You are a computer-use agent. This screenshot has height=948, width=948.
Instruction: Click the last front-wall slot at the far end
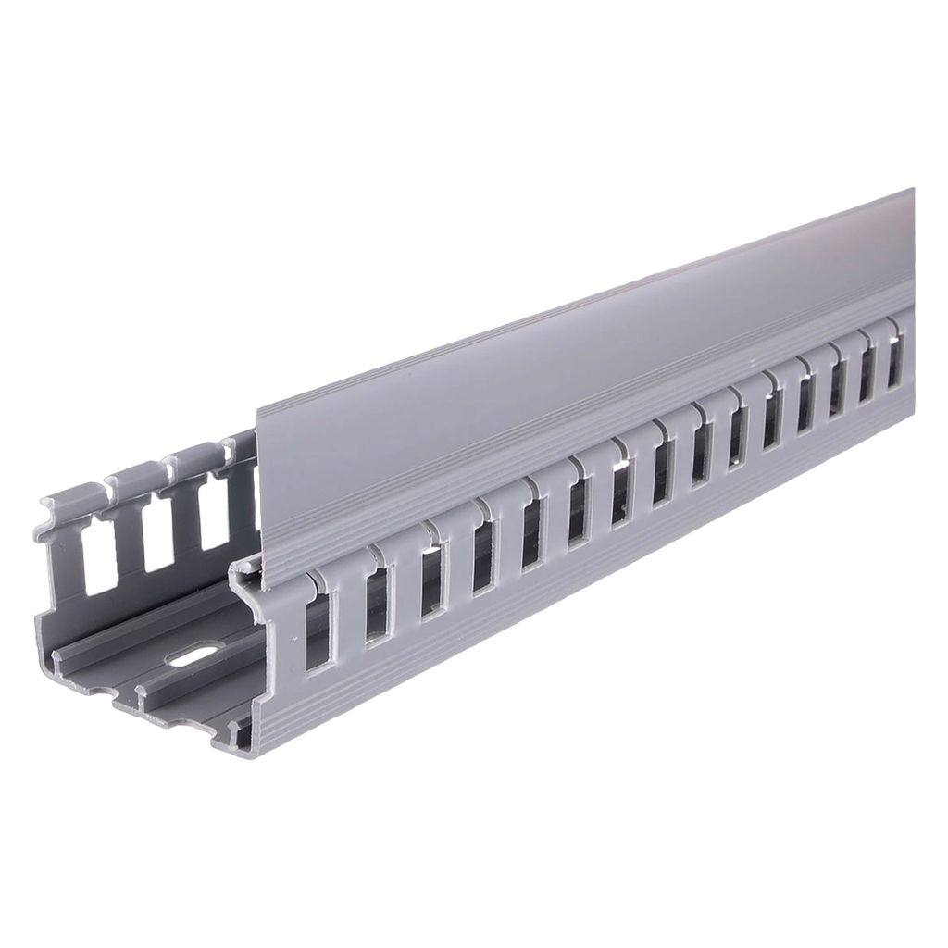coord(895,363)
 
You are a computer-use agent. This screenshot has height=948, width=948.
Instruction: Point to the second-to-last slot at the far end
coord(867,376)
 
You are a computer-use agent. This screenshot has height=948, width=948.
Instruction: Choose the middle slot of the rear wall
coord(157,533)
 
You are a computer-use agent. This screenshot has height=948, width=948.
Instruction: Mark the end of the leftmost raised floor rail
coord(61,659)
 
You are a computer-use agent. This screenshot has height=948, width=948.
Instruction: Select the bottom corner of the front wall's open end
coord(250,752)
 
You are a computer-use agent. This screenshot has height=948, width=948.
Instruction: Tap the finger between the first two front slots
coord(347,611)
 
